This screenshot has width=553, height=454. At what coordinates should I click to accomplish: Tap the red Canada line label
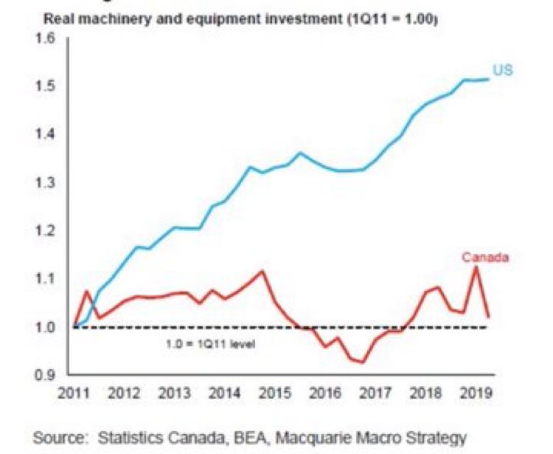point(486,258)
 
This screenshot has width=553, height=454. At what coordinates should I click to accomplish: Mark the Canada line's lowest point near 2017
point(363,362)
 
